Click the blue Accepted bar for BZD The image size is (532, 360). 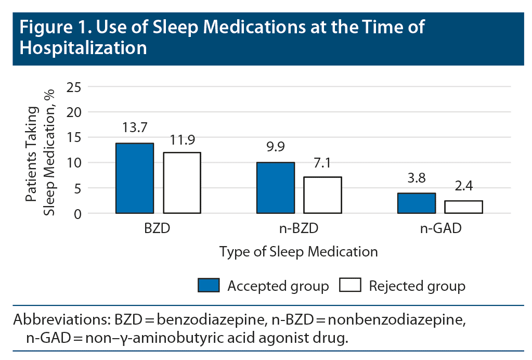135,178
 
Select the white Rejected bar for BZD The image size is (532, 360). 182,183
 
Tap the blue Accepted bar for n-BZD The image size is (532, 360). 276,188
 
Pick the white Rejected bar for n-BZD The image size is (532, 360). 322,195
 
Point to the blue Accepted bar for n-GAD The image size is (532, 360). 417,203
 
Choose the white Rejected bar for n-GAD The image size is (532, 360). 463,207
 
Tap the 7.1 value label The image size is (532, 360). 322,163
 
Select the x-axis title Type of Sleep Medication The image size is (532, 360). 299,252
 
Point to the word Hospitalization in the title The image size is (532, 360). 83,48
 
